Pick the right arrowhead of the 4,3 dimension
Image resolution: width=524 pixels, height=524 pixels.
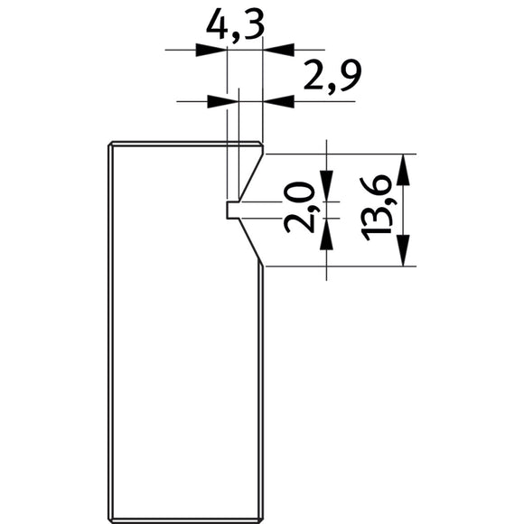pyautogui.click(x=274, y=50)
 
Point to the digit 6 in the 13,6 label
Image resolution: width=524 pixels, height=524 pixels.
pyautogui.click(x=380, y=188)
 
